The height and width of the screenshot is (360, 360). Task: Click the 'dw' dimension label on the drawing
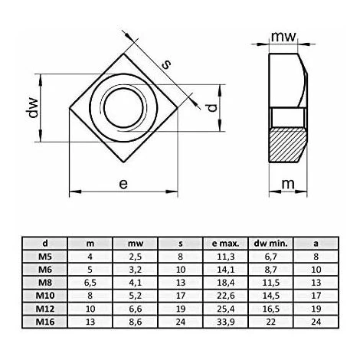[34, 107]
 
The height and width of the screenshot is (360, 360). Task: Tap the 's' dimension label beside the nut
[166, 64]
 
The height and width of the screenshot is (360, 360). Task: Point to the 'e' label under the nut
[123, 184]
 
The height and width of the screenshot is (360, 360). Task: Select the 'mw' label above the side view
[283, 37]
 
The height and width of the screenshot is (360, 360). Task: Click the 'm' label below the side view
[288, 184]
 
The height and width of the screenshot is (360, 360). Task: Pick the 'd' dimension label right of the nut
[212, 108]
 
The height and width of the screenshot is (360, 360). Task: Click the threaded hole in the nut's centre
[123, 108]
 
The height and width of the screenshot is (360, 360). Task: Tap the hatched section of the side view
[287, 145]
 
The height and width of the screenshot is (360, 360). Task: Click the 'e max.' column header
[225, 244]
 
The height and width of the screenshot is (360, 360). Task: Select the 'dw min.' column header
[270, 244]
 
